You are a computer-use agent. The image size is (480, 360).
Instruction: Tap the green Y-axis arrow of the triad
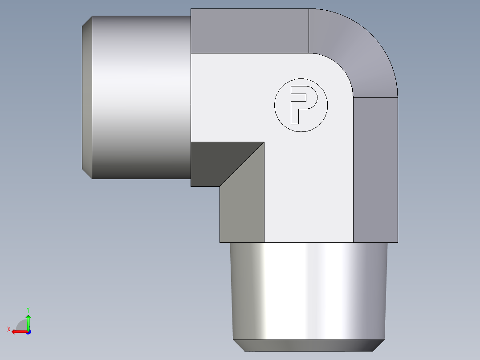click(28, 321)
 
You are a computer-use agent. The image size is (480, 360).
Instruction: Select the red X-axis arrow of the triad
click(18, 331)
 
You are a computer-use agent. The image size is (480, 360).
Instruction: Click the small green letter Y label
click(28, 309)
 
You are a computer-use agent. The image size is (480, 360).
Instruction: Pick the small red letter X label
click(8, 330)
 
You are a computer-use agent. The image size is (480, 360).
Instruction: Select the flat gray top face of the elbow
click(249, 31)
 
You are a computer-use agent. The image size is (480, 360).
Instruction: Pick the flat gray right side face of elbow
click(375, 169)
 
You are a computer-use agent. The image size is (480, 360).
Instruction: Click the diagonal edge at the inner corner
click(242, 164)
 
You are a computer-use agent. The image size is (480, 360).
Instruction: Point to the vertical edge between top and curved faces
click(309, 31)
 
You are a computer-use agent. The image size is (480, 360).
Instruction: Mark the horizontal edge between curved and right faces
click(375, 97)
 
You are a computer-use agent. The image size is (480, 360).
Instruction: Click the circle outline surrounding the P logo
click(301, 79)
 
